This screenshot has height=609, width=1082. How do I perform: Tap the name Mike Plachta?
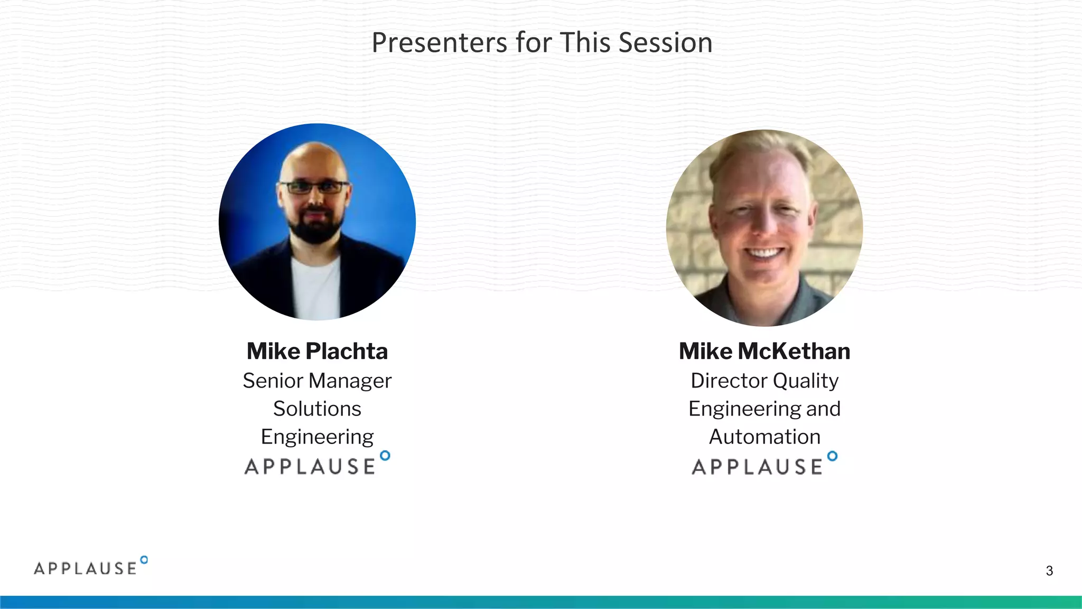coord(317,352)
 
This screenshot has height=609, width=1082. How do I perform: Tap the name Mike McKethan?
coord(764,352)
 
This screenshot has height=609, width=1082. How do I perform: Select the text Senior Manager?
coord(317,381)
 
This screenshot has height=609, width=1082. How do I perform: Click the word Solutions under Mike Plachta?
coord(317,409)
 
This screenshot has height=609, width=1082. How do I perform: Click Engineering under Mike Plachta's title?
coord(317,437)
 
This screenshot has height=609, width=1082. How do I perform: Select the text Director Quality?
coord(764,381)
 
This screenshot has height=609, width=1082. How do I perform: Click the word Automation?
coord(764,437)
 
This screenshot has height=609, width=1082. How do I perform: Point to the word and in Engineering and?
coord(823,409)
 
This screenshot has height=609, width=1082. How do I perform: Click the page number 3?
coord(1049,571)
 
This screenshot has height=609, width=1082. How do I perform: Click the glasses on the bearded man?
coord(314,187)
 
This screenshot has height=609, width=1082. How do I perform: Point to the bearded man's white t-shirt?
coord(316,288)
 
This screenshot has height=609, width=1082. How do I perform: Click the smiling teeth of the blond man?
coord(763,253)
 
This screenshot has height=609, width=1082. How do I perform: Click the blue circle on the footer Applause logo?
coord(144,560)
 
